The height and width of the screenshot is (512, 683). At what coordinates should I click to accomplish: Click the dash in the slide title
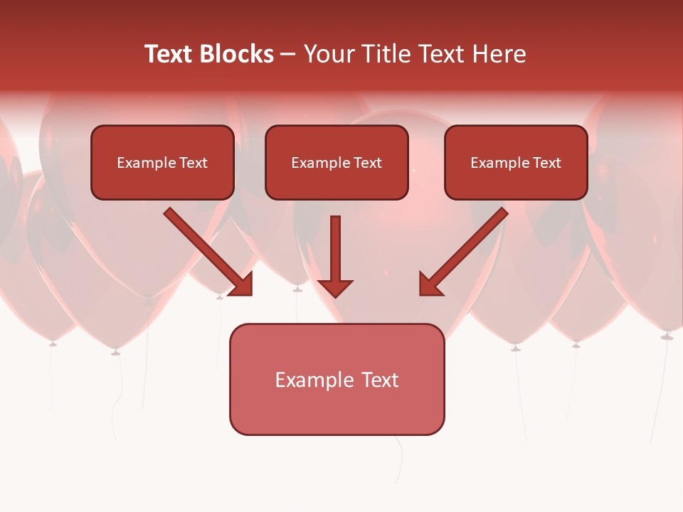pos(288,55)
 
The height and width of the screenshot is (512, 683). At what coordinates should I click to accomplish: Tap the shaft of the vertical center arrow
pos(335,245)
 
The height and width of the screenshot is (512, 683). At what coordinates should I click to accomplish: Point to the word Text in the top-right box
pos(546,163)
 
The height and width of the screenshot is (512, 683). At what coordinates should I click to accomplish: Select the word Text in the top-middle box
pos(367,163)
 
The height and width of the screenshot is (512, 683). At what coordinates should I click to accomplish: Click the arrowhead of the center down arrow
pos(335,287)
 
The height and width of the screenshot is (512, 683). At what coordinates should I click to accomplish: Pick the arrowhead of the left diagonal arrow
pos(243,285)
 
